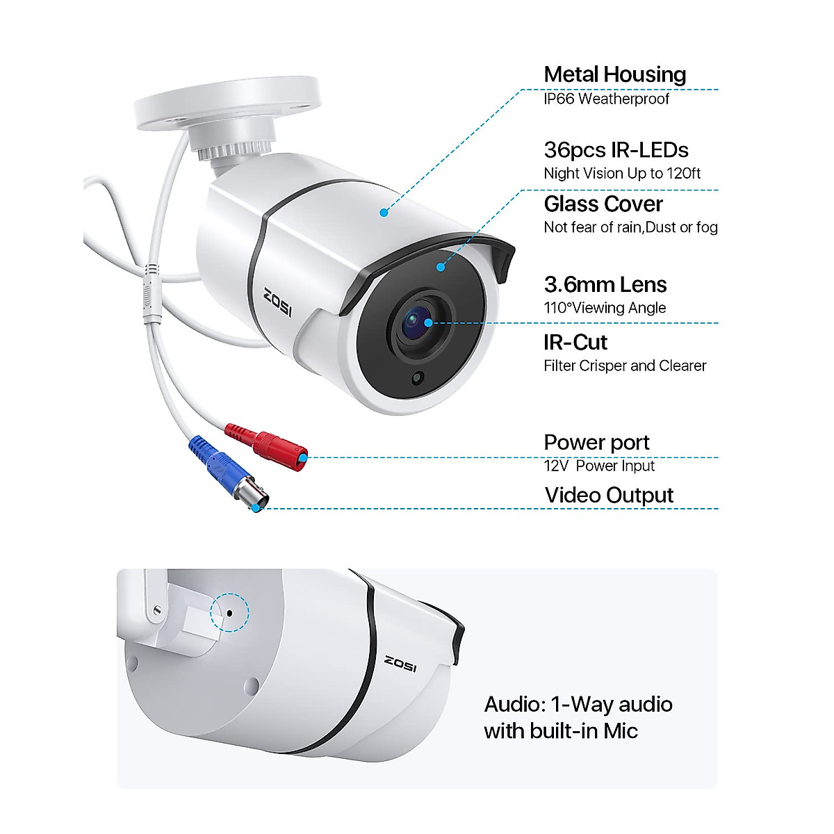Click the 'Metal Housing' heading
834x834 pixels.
[614, 74]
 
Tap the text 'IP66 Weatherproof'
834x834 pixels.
[606, 99]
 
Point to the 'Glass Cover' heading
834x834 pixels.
[603, 204]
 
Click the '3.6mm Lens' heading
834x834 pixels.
[605, 284]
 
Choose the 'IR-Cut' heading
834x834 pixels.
[575, 342]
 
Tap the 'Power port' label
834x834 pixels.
[596, 442]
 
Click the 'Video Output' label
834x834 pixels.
[609, 495]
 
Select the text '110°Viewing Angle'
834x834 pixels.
[605, 308]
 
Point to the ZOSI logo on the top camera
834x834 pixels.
[278, 302]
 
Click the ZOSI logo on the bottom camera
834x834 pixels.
[400, 663]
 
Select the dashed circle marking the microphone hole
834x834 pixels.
[229, 612]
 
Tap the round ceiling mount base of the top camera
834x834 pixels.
[226, 104]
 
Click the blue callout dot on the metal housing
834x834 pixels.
[384, 212]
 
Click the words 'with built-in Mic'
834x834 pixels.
[560, 731]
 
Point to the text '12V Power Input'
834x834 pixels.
[599, 466]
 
